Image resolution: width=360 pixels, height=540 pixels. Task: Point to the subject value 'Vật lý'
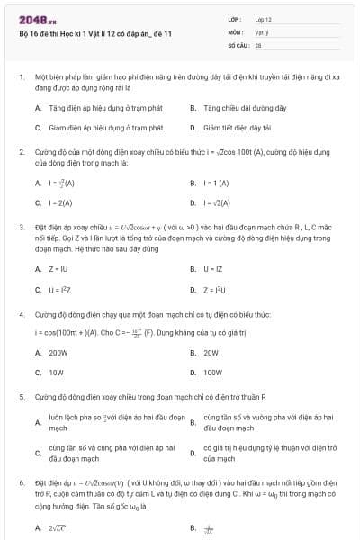(260, 31)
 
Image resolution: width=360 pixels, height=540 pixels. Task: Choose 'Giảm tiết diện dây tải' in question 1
(237, 128)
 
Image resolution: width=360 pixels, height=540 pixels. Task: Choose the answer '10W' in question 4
(56, 372)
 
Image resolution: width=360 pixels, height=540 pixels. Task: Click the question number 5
(22, 396)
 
